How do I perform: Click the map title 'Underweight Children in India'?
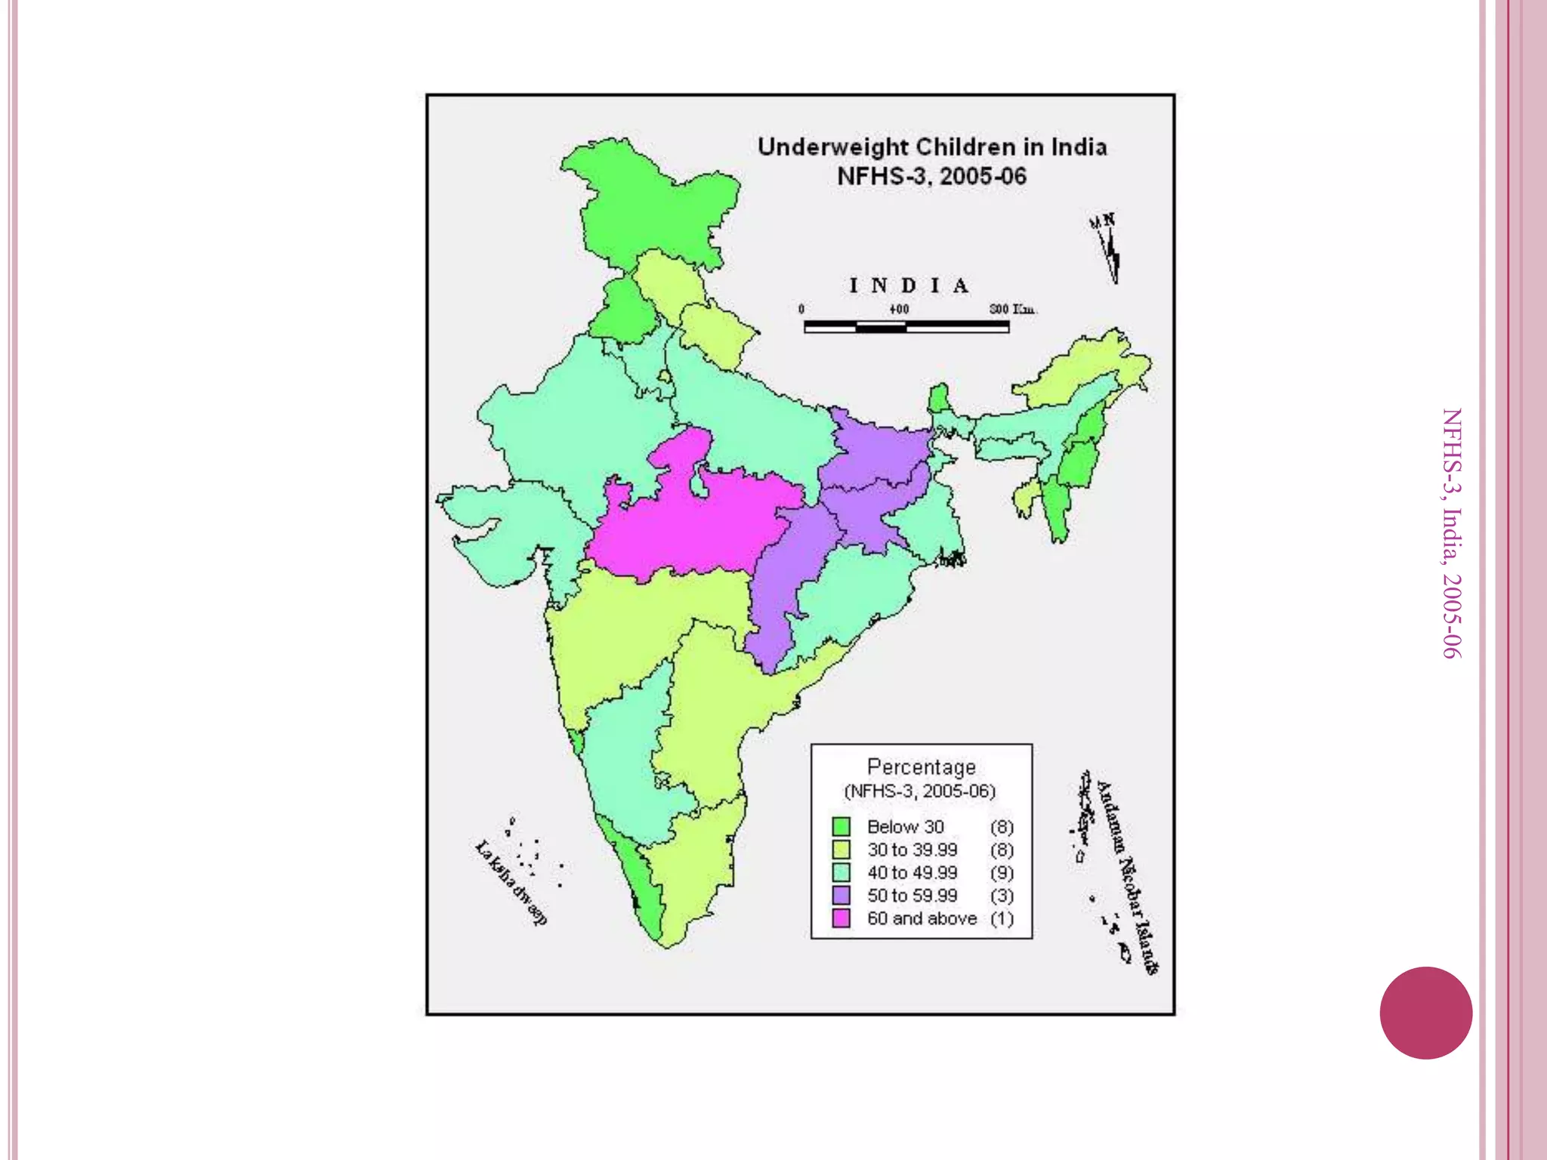pos(932,147)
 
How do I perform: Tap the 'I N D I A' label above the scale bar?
pos(909,286)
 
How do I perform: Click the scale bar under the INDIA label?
pos(906,326)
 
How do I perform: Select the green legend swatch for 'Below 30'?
pos(841,826)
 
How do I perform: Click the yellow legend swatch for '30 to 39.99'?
pos(841,850)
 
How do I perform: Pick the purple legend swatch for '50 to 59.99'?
pos(841,896)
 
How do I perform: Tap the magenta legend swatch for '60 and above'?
pos(841,918)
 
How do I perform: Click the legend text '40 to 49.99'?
pos(912,873)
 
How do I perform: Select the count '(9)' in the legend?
pos(1002,873)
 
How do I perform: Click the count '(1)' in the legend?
pos(1002,918)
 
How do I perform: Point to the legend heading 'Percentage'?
pos(921,767)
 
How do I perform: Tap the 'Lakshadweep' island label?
pos(511,882)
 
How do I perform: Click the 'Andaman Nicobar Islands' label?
pos(1127,876)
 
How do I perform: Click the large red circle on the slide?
pos(1425,1013)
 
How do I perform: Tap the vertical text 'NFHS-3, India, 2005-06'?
pos(1451,533)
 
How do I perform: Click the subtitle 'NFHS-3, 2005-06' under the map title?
pos(932,176)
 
